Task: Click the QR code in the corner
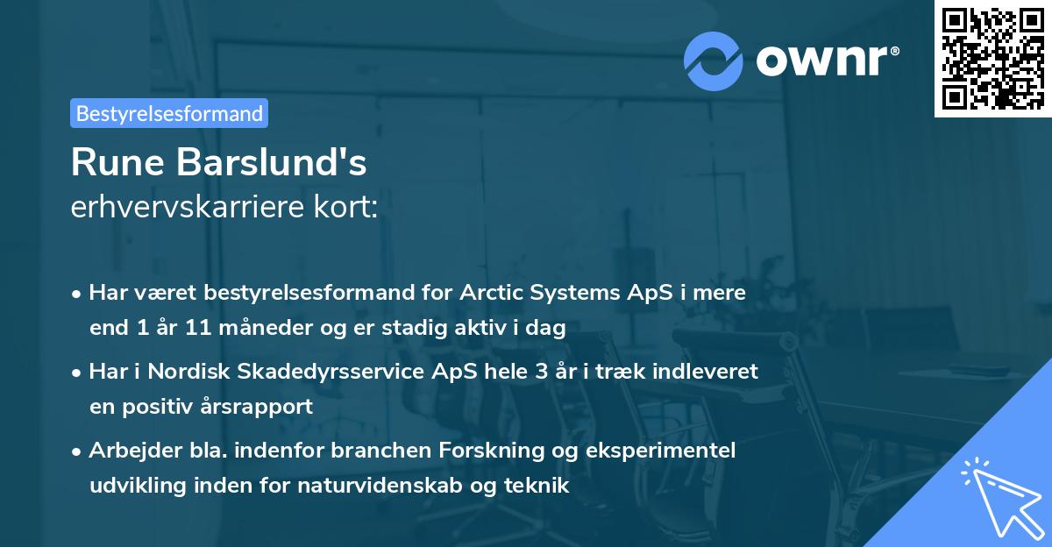[x=992, y=59]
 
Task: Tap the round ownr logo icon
[x=714, y=60]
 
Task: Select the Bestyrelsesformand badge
[x=169, y=113]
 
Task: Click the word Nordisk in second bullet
[x=182, y=371]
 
